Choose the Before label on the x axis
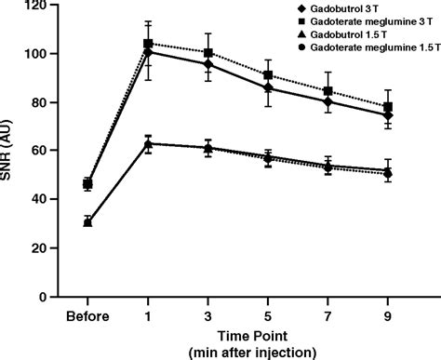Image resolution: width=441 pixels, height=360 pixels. click(87, 315)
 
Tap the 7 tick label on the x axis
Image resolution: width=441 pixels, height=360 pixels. click(327, 315)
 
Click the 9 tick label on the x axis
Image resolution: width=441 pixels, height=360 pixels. click(388, 315)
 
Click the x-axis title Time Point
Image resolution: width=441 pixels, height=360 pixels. click(237, 335)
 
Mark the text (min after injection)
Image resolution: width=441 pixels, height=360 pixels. click(237, 352)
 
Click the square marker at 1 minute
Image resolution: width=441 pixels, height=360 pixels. click(147, 44)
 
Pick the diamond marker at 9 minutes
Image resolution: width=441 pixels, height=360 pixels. click(388, 115)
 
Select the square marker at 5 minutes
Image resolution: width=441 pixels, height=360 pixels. click(268, 75)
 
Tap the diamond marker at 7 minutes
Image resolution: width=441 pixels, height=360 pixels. click(327, 101)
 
